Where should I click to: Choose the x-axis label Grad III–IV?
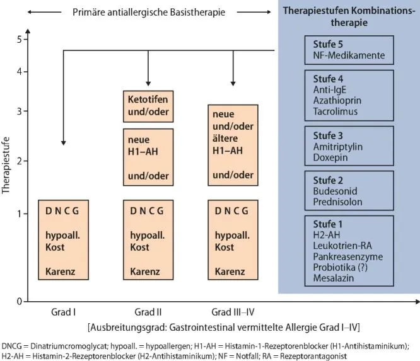(x=233, y=312)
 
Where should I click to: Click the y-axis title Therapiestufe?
(x=7, y=170)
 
